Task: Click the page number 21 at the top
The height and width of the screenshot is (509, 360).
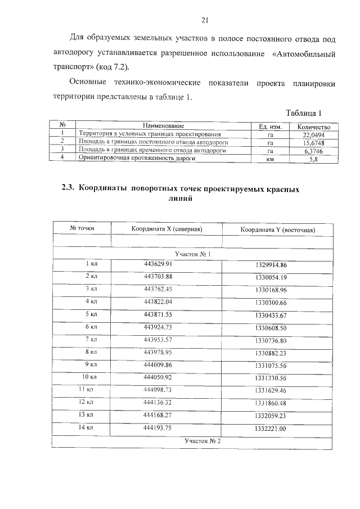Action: coord(205,21)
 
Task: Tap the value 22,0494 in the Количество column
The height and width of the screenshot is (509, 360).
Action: coord(313,135)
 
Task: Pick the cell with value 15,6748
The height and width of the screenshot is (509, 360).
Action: coord(313,143)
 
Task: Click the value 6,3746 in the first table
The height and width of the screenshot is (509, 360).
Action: coord(313,151)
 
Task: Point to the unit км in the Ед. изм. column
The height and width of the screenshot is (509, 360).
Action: coord(270,160)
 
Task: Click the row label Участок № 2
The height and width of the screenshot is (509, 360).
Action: coord(202,441)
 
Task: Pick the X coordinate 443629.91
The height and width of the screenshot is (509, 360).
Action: coord(157,264)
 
